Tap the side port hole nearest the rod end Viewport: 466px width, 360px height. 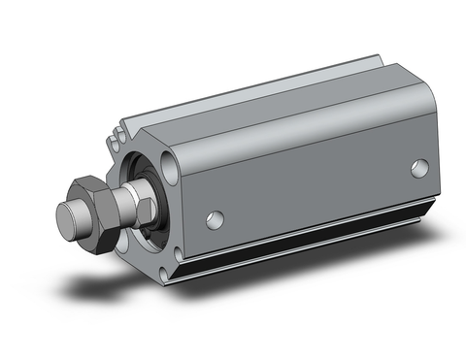pos(216,218)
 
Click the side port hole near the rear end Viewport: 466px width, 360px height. pos(419,167)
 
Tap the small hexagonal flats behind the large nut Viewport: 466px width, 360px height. pos(127,203)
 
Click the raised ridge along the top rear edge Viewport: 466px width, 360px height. pos(320,73)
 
